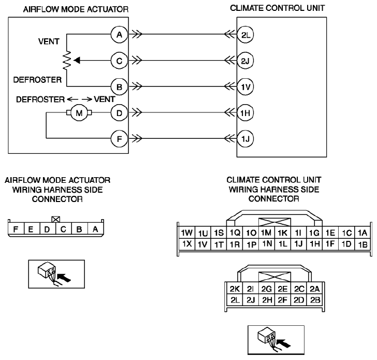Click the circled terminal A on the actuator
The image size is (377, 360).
click(x=119, y=35)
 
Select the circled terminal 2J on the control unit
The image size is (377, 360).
click(x=245, y=61)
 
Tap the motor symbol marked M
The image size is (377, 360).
click(x=79, y=112)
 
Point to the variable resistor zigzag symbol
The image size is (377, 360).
click(x=67, y=61)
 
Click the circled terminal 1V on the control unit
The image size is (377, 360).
click(x=245, y=87)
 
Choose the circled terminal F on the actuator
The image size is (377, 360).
click(x=119, y=139)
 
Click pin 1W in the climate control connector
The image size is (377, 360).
click(x=187, y=233)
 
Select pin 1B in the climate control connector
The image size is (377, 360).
click(x=363, y=244)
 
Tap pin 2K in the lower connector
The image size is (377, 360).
click(x=235, y=289)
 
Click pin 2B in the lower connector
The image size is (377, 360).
click(x=315, y=300)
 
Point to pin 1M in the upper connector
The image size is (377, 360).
click(x=266, y=233)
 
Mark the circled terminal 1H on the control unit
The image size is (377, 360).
click(x=245, y=112)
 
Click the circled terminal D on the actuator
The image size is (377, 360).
click(x=119, y=112)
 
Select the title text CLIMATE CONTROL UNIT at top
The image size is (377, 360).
click(x=278, y=8)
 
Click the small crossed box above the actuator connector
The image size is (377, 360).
click(x=56, y=219)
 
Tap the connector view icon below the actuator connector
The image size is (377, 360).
click(x=56, y=274)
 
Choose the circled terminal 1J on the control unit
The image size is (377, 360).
click(x=245, y=139)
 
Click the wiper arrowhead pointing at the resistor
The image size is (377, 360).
click(x=77, y=61)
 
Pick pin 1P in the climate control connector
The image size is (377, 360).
click(x=251, y=244)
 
